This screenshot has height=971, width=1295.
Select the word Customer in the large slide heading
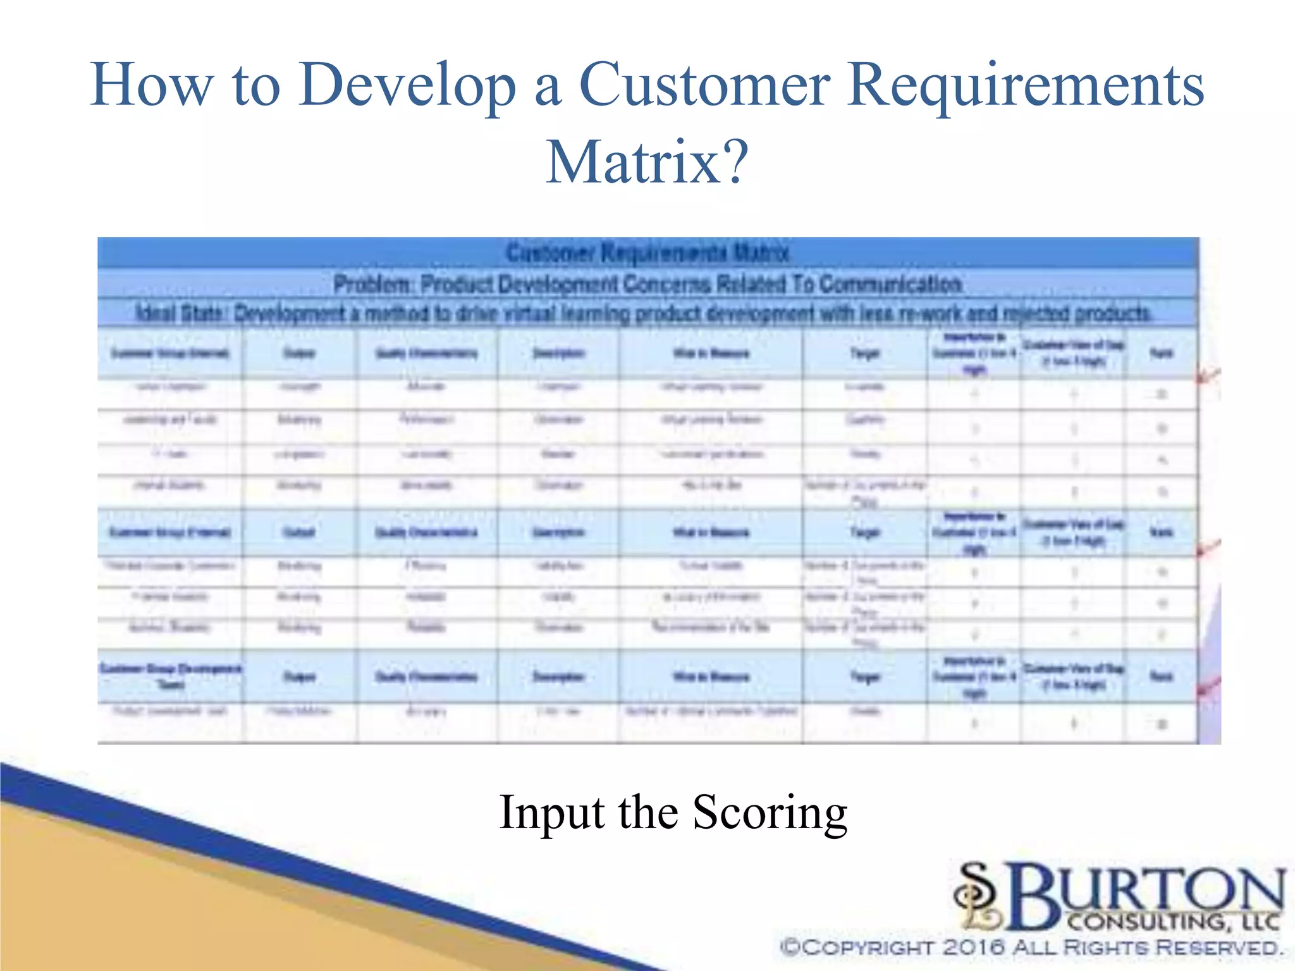pos(704,85)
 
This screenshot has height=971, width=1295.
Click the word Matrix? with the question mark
pos(647,162)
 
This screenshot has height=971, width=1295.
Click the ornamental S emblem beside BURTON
pos(978,896)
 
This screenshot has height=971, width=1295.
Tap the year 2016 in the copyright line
pos(974,948)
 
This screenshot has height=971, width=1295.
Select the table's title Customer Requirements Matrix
pos(647,253)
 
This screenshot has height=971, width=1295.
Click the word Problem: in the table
pos(372,284)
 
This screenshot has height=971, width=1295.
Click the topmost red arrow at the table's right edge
pos(1208,376)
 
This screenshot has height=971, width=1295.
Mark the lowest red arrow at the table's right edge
pos(1208,687)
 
